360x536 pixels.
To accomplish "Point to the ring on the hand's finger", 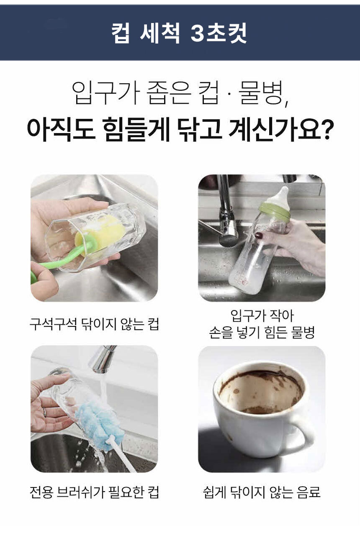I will pyautogui.click(x=45, y=412).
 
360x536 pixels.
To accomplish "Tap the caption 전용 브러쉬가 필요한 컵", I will pyautogui.click(x=94, y=492).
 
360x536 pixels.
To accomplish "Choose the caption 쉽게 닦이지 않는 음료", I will pyautogui.click(x=261, y=492).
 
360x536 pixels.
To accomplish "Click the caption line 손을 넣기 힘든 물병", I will pyautogui.click(x=262, y=333).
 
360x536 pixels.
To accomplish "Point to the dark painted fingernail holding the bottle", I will pyautogui.click(x=259, y=236).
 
